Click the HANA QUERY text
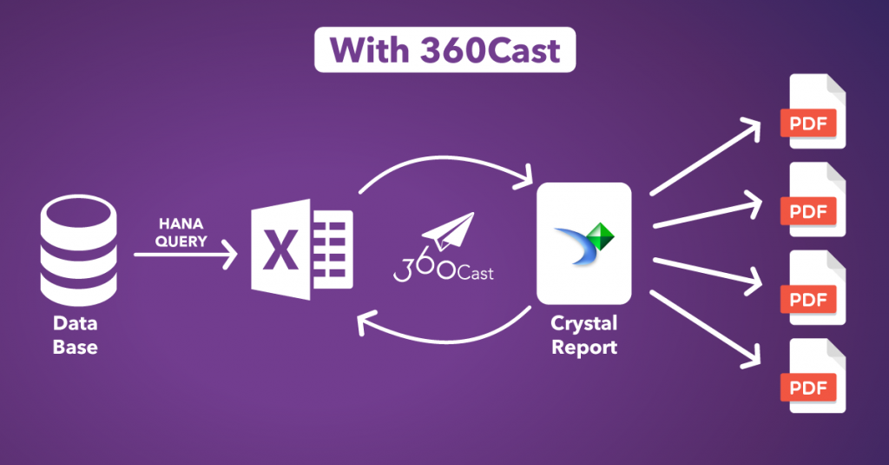(x=181, y=232)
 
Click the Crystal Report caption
(x=583, y=335)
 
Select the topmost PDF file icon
(x=816, y=113)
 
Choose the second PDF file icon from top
(x=816, y=201)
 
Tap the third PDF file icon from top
(x=816, y=289)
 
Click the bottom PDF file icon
(x=816, y=377)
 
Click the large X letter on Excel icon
(x=281, y=253)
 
